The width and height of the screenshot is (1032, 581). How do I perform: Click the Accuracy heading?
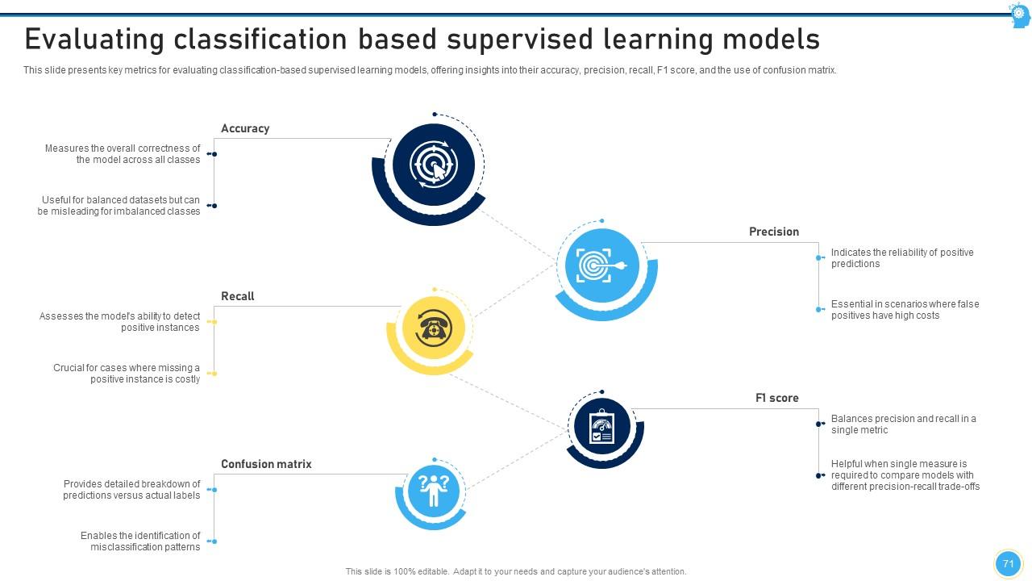pyautogui.click(x=245, y=128)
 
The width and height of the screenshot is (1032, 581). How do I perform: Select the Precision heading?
pyautogui.click(x=773, y=232)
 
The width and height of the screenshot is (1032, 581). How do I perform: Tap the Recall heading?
pyautogui.click(x=237, y=296)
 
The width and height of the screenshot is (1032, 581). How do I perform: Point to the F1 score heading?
pyautogui.click(x=776, y=398)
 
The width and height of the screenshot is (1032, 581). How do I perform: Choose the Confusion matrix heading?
pyautogui.click(x=266, y=464)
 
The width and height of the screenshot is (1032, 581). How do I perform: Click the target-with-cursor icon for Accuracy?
pyautogui.click(x=434, y=165)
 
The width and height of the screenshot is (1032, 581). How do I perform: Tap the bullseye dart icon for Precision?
pyautogui.click(x=602, y=265)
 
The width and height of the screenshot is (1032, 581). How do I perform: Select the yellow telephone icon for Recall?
pyautogui.click(x=434, y=328)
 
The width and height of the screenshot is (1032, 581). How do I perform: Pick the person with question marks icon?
pyautogui.click(x=434, y=490)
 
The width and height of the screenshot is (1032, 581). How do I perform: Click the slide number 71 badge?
pyautogui.click(x=1008, y=564)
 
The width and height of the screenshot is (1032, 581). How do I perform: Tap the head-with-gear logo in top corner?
pyautogui.click(x=1019, y=15)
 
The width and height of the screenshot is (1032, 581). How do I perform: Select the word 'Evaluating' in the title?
pyautogui.click(x=106, y=39)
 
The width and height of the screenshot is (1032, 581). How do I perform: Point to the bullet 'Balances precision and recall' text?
pyautogui.click(x=903, y=424)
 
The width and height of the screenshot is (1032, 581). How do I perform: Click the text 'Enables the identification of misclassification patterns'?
pyautogui.click(x=140, y=541)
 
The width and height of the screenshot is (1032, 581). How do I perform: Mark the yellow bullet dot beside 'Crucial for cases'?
pyautogui.click(x=214, y=374)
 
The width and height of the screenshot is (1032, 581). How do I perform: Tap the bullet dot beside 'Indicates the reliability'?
pyautogui.click(x=819, y=258)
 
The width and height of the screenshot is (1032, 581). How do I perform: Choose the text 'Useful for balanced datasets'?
pyautogui.click(x=119, y=206)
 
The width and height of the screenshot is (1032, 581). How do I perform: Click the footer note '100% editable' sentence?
pyautogui.click(x=516, y=571)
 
